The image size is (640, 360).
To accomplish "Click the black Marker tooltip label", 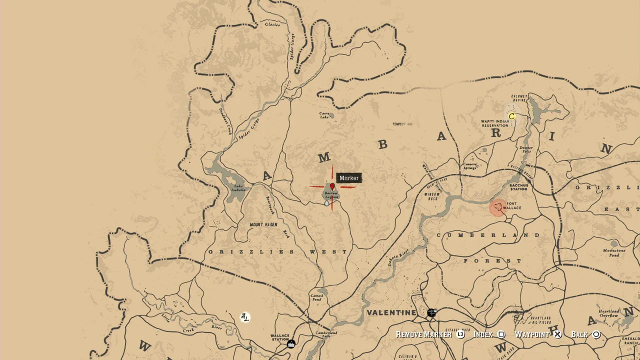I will click(x=349, y=178).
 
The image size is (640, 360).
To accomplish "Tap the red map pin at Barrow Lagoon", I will click(x=332, y=187).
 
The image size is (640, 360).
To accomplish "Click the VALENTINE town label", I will click(x=391, y=313).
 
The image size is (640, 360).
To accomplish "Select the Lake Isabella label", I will click(x=238, y=188).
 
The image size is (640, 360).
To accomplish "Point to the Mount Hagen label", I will click(x=263, y=224).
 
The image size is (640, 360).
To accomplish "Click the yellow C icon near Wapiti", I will click(x=511, y=116).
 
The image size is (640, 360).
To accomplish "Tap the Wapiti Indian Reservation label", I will click(x=495, y=123).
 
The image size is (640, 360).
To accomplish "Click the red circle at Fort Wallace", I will click(x=497, y=207).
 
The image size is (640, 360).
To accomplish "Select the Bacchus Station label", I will click(x=519, y=187).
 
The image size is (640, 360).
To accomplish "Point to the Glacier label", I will click(x=272, y=24).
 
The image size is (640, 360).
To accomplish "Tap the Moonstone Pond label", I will click(x=614, y=252).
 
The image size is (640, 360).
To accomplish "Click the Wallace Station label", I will click(x=280, y=337).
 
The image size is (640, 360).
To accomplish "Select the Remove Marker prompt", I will click(x=424, y=334).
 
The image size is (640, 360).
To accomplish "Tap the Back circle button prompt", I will click(x=596, y=334).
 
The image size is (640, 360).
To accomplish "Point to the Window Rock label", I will click(x=432, y=196).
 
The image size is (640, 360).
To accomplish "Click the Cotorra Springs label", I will click(x=470, y=165).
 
